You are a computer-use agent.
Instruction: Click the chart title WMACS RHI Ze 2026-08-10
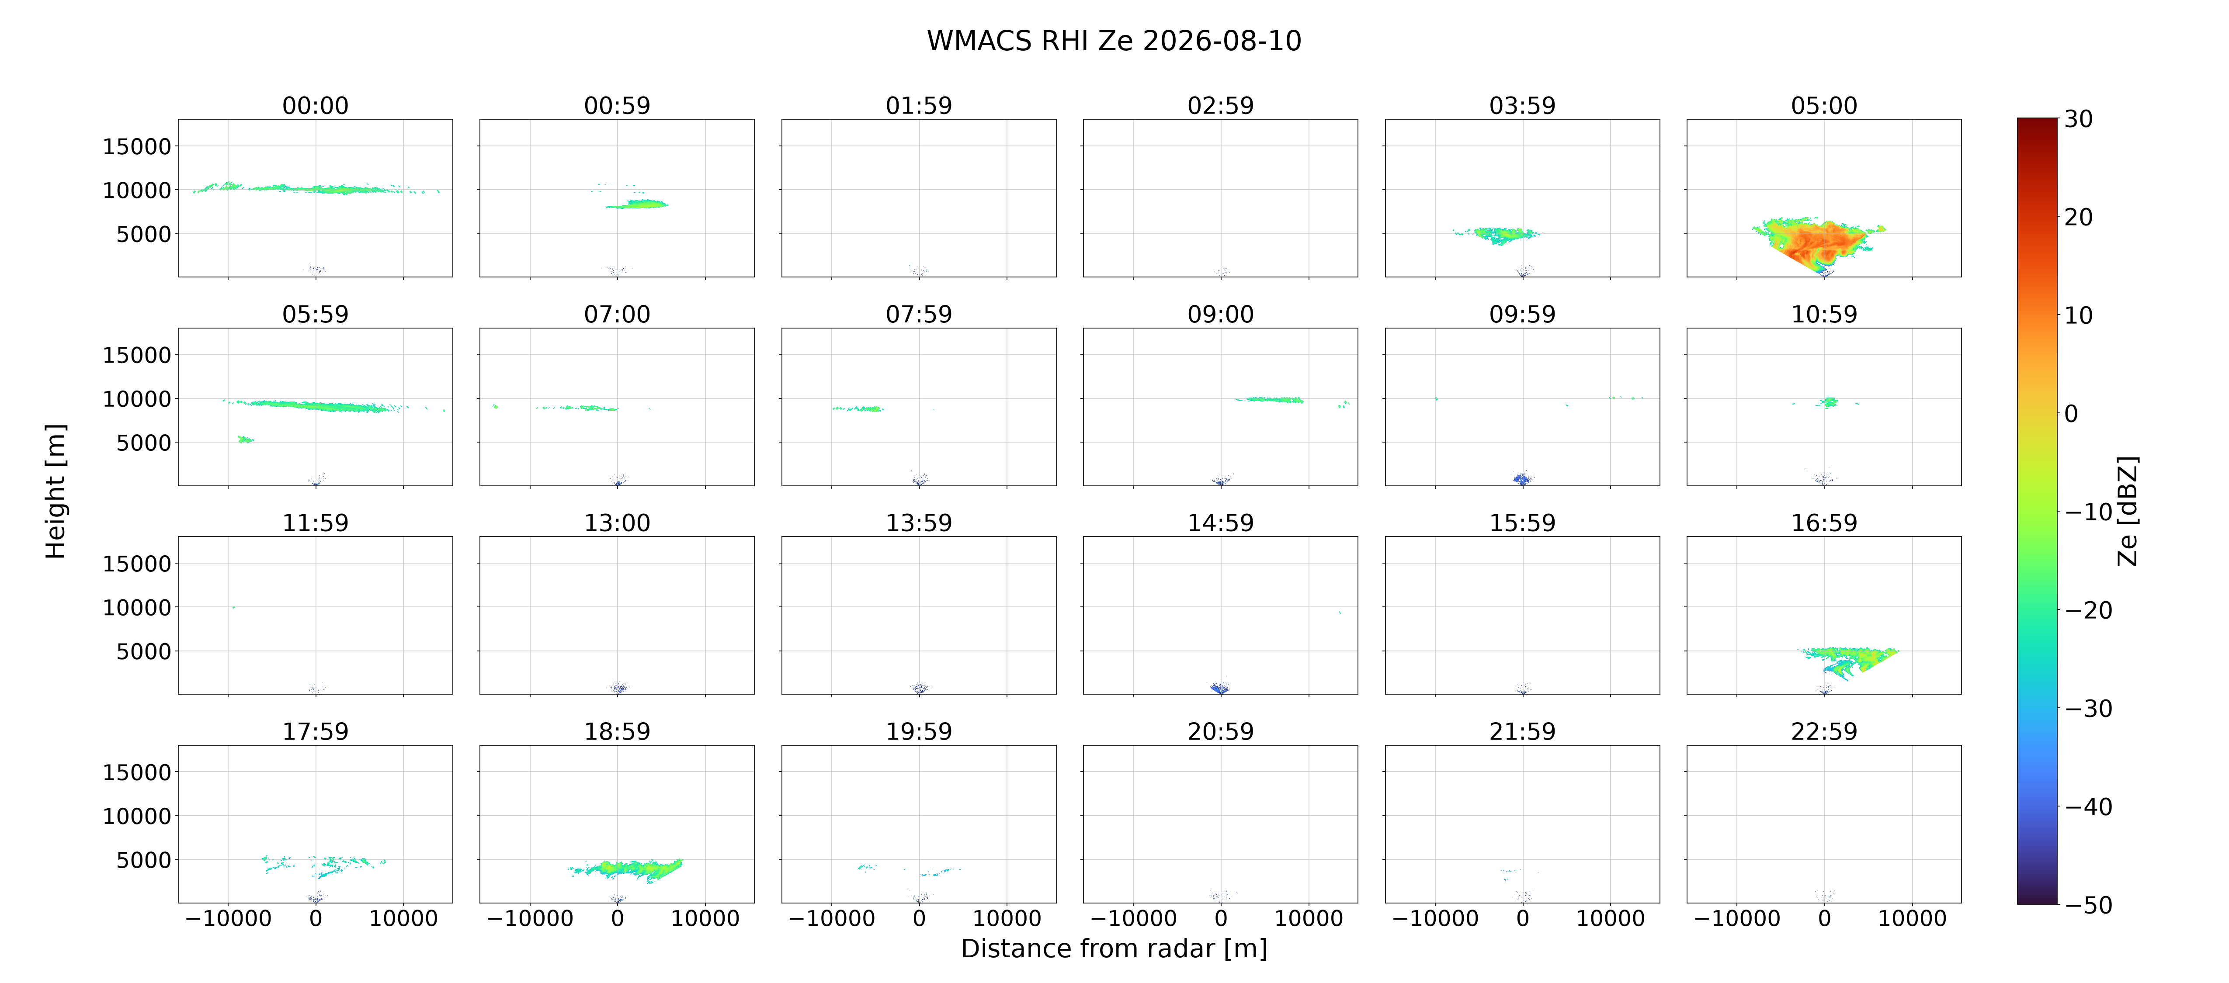1114,41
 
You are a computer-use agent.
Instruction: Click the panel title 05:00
1824,106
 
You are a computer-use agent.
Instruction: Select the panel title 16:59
1824,523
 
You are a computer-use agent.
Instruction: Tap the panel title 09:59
1522,314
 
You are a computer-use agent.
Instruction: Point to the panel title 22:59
1824,731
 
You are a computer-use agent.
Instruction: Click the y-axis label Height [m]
56,491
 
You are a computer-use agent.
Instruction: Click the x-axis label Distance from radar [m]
1114,948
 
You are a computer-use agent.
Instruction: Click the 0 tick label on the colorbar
2071,414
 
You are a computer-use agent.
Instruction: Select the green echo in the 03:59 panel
1497,235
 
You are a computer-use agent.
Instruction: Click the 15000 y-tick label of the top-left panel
137,146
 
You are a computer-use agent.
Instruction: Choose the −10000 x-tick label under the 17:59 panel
229,918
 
